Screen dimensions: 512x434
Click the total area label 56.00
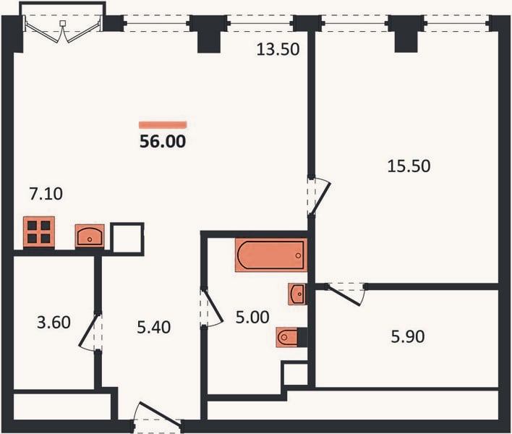tap(163, 141)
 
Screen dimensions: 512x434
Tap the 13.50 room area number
tap(278, 50)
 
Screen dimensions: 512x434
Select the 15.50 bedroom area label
tap(409, 166)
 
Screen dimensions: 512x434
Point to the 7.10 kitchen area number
tap(46, 194)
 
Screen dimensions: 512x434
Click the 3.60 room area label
tap(54, 323)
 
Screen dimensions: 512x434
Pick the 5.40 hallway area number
tap(153, 328)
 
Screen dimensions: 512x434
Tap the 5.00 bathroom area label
tap(252, 317)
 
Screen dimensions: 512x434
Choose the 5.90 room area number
tap(408, 336)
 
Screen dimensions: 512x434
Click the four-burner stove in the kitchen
tap(39, 232)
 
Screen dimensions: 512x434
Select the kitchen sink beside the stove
tap(90, 236)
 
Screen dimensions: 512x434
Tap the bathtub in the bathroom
tap(271, 255)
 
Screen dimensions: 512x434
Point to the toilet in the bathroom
tap(287, 337)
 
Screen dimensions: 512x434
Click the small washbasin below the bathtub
tap(297, 294)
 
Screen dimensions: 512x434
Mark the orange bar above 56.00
tap(163, 124)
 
